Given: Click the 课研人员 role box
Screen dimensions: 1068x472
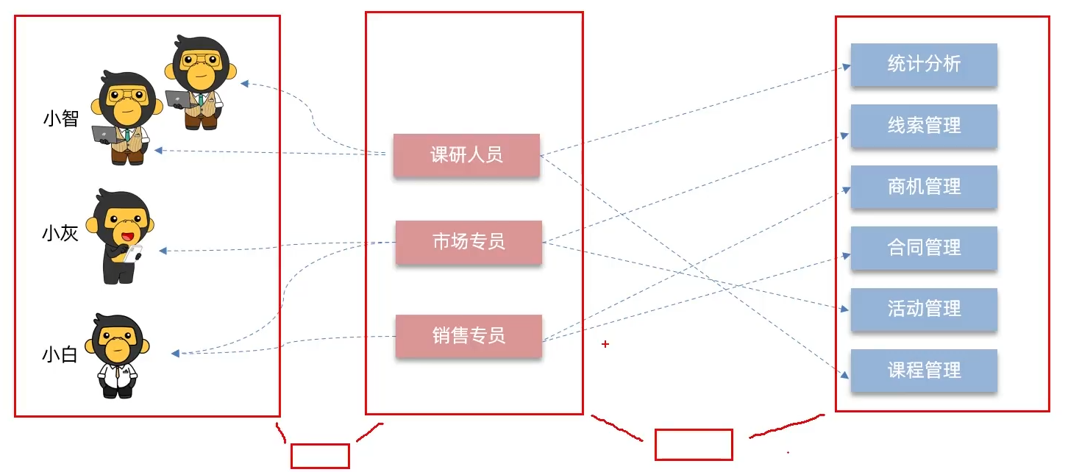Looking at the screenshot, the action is pyautogui.click(x=466, y=155).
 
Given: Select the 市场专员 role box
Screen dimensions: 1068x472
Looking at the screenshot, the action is pyautogui.click(x=469, y=242).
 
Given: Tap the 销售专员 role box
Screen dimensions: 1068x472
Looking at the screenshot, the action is pyautogui.click(x=469, y=336).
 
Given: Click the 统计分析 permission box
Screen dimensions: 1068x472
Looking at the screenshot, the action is pyautogui.click(x=924, y=65).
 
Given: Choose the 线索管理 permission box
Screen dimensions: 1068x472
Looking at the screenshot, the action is pyautogui.click(x=924, y=126).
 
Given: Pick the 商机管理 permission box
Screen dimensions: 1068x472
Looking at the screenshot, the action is pyautogui.click(x=924, y=187).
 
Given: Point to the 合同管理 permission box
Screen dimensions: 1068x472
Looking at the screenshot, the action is pyautogui.click(x=924, y=248).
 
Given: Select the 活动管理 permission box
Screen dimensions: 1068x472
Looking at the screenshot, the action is pyautogui.click(x=924, y=309).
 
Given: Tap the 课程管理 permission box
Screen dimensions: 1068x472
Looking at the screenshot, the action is pyautogui.click(x=924, y=370).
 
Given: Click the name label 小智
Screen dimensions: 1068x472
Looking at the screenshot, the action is pyautogui.click(x=61, y=118).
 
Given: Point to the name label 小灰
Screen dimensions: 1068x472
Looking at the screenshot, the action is pyautogui.click(x=60, y=235).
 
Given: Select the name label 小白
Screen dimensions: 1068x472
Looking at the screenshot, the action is pyautogui.click(x=60, y=356).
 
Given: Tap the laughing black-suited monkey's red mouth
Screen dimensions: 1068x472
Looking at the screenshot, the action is pyautogui.click(x=127, y=237).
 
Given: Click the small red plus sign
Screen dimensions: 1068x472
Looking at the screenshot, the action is pyautogui.click(x=605, y=343).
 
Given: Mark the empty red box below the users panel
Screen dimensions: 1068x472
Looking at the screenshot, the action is pyautogui.click(x=320, y=456).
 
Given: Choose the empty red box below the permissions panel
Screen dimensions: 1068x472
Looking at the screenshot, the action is pyautogui.click(x=694, y=445).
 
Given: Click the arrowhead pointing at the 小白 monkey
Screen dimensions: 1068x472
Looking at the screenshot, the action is pyautogui.click(x=176, y=354).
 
